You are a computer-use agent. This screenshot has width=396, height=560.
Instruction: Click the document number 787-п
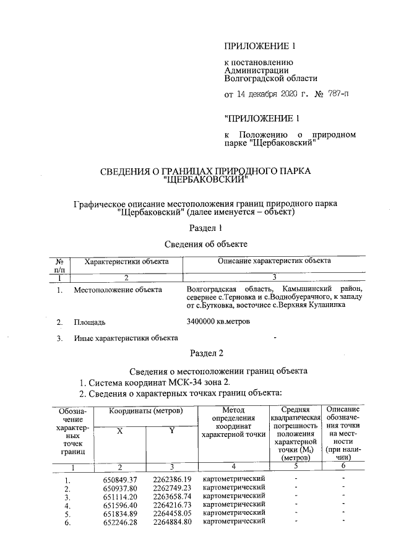coord(335,95)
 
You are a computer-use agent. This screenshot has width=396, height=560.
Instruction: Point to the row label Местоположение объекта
coord(118,290)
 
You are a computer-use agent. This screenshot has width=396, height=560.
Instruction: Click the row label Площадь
coord(90,322)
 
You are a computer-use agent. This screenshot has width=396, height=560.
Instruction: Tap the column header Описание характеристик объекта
coord(274,261)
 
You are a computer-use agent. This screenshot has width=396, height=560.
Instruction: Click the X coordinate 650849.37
coord(119,480)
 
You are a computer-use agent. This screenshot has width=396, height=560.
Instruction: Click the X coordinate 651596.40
coord(119,505)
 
